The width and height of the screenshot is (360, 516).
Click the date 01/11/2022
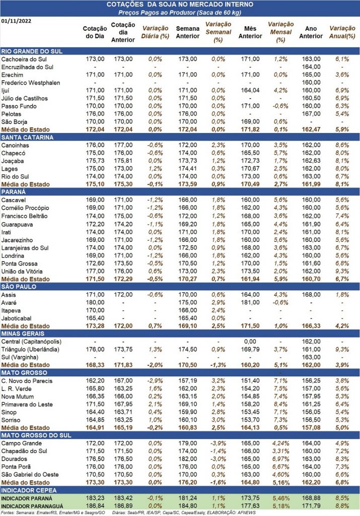click(x=17, y=21)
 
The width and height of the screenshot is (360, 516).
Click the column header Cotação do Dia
click(x=95, y=32)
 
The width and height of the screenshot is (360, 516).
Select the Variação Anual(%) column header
click(x=342, y=32)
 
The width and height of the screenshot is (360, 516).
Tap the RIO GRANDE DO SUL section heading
click(x=32, y=51)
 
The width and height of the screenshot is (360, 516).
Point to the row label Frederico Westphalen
click(x=31, y=83)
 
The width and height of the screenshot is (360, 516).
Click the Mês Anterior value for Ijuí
click(x=250, y=90)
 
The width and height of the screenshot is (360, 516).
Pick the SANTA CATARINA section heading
click(x=27, y=137)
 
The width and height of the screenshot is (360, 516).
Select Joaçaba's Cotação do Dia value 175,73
click(x=95, y=161)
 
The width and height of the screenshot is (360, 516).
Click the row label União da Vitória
click(x=22, y=271)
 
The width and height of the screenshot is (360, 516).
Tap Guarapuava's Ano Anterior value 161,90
click(x=311, y=224)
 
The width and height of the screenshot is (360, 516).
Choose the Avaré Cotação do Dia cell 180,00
click(x=95, y=302)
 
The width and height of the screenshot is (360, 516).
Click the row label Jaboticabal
click(x=17, y=318)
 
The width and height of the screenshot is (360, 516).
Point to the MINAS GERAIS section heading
click(x=23, y=334)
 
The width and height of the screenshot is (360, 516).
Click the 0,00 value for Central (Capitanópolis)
click(x=250, y=342)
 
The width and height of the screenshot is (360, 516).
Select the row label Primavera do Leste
click(x=27, y=404)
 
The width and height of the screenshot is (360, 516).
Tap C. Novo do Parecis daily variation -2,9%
click(x=155, y=381)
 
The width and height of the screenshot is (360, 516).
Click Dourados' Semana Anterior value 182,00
click(x=188, y=459)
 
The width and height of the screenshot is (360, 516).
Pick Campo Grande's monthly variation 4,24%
click(x=280, y=443)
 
